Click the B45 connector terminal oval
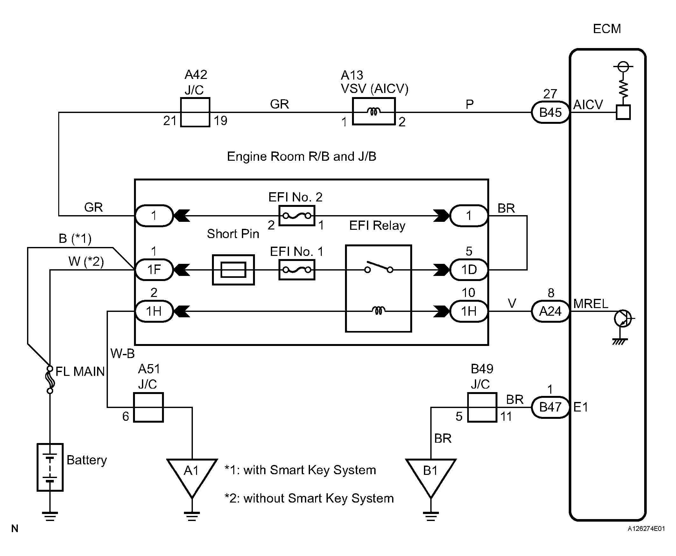(550, 112)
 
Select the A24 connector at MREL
(550, 311)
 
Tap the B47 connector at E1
(550, 407)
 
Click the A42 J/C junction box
(195, 112)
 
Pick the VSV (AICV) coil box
(374, 111)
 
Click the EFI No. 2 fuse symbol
(297, 216)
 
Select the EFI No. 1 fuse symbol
(297, 270)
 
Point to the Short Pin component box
(233, 270)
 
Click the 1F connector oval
(154, 270)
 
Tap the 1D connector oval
(469, 270)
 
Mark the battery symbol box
(50, 467)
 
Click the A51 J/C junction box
(148, 407)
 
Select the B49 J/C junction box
(482, 407)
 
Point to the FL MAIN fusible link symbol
(50, 380)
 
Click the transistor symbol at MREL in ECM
(623, 319)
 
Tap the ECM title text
(607, 29)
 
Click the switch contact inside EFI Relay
(378, 267)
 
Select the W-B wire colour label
(122, 354)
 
